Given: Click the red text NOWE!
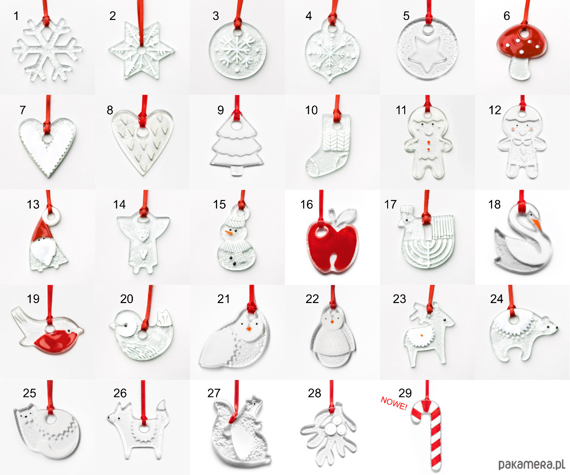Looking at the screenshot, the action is click(x=394, y=403).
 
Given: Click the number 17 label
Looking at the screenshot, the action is click(x=390, y=204).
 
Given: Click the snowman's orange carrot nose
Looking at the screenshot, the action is click(x=229, y=233).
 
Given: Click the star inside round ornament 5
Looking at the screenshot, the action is click(x=427, y=55).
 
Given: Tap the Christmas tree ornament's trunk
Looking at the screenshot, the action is click(x=237, y=171).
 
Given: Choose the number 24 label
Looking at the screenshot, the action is click(x=496, y=299).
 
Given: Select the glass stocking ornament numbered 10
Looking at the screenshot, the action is click(x=328, y=145).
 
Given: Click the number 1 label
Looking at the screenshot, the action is click(x=16, y=16).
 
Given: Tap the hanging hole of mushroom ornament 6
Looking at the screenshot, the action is click(x=524, y=34).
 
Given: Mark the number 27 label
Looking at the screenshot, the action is click(x=214, y=393).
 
